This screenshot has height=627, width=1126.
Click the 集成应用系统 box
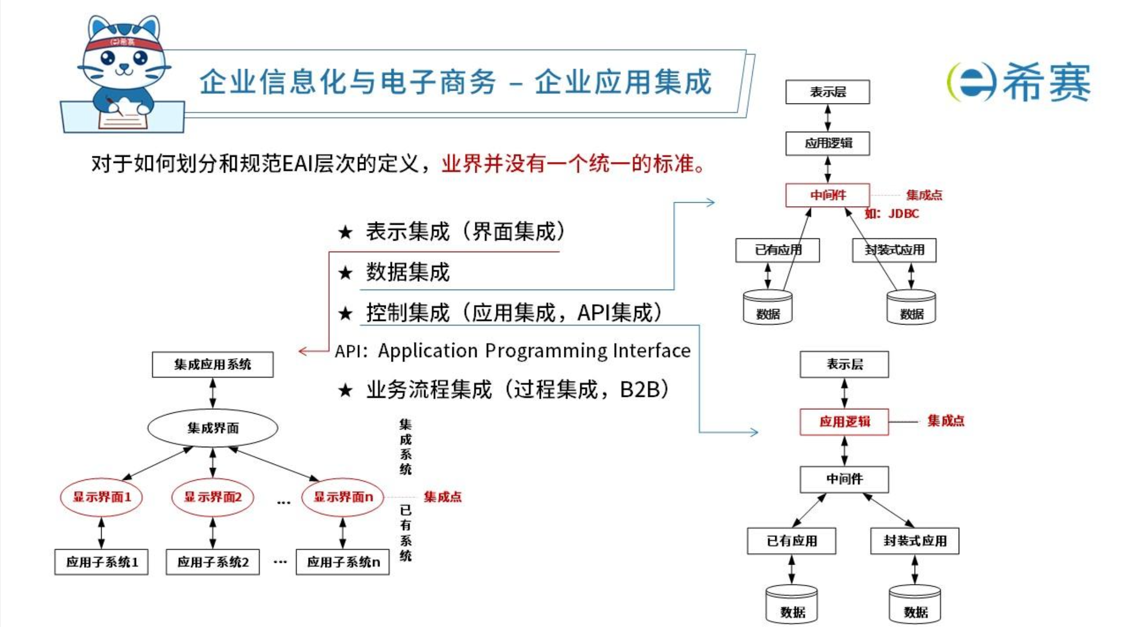[x=213, y=364]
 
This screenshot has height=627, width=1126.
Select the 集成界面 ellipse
[x=213, y=428]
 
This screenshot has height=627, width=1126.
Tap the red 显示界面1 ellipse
[x=102, y=497]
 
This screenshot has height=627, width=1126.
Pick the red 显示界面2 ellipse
[x=213, y=497]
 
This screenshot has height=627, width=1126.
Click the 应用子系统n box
[x=343, y=562]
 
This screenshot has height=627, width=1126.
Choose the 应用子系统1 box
[x=102, y=562]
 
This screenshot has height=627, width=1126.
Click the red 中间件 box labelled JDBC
[x=827, y=195]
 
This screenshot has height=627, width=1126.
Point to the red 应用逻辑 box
[x=844, y=422]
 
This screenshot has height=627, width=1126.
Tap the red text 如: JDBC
[x=892, y=214]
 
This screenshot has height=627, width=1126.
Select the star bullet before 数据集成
[x=345, y=273]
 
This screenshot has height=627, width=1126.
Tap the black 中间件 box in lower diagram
[x=844, y=479]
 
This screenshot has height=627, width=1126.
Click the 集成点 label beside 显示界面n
[x=442, y=497]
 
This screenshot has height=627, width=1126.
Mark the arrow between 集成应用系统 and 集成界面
[x=213, y=393]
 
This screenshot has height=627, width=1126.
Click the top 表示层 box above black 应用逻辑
[x=827, y=92]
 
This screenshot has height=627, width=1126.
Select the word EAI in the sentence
[x=298, y=164]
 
